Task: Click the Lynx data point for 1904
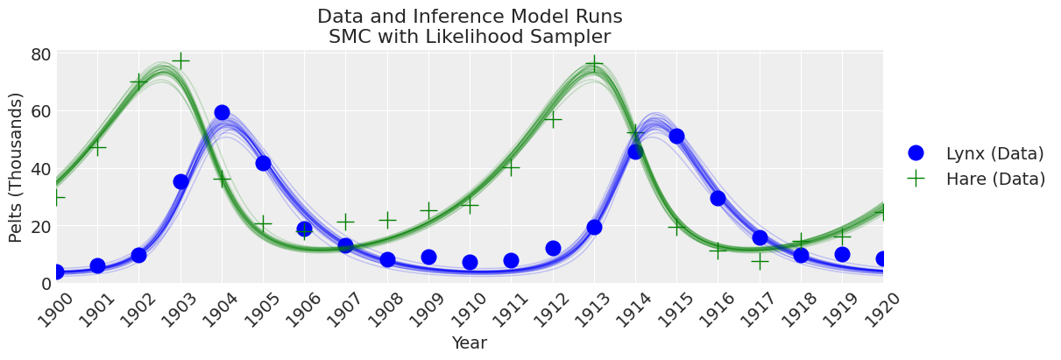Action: (222, 113)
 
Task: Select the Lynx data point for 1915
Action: (676, 136)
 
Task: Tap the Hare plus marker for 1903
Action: (180, 60)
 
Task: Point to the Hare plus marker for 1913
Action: (594, 64)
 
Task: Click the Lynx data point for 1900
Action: (56, 272)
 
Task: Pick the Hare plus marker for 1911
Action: (511, 166)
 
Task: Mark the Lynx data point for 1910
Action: (470, 262)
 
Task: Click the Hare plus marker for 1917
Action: (760, 261)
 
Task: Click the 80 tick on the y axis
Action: (40, 54)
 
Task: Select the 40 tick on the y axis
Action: (40, 168)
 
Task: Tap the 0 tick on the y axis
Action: (45, 283)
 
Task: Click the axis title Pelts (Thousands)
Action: (17, 167)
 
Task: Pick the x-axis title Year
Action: (470, 343)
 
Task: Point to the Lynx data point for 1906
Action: (304, 229)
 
